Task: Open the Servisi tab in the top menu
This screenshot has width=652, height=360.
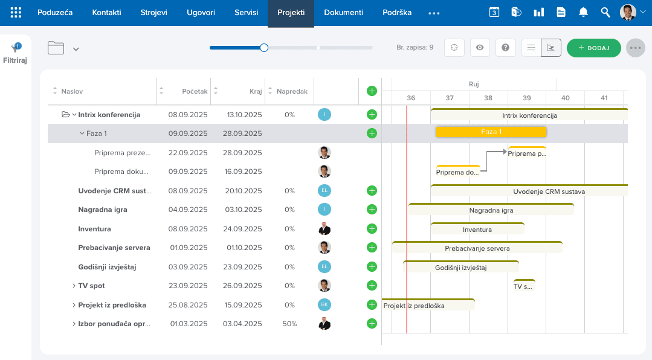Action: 246,13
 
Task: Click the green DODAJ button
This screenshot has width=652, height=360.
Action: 594,48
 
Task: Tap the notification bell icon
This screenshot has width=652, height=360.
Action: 583,13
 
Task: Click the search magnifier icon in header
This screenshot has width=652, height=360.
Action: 605,13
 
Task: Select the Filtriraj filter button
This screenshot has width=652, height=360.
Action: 15,54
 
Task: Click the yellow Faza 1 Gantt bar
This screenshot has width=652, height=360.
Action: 491,132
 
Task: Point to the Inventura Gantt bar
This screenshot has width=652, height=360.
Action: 477,229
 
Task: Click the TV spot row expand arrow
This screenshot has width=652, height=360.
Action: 74,286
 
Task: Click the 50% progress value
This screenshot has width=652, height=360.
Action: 289,324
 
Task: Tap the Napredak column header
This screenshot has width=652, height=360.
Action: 292,91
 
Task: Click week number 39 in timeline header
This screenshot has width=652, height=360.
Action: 527,98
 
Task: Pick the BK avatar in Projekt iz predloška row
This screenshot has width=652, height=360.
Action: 324,304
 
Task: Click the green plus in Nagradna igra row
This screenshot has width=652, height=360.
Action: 372,210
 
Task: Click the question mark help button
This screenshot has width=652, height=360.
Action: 505,48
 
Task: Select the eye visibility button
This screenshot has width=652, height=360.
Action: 480,48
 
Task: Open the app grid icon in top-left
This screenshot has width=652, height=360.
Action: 16,13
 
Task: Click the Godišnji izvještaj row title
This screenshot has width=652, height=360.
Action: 108,267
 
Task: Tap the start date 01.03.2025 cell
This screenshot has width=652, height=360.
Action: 189,324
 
